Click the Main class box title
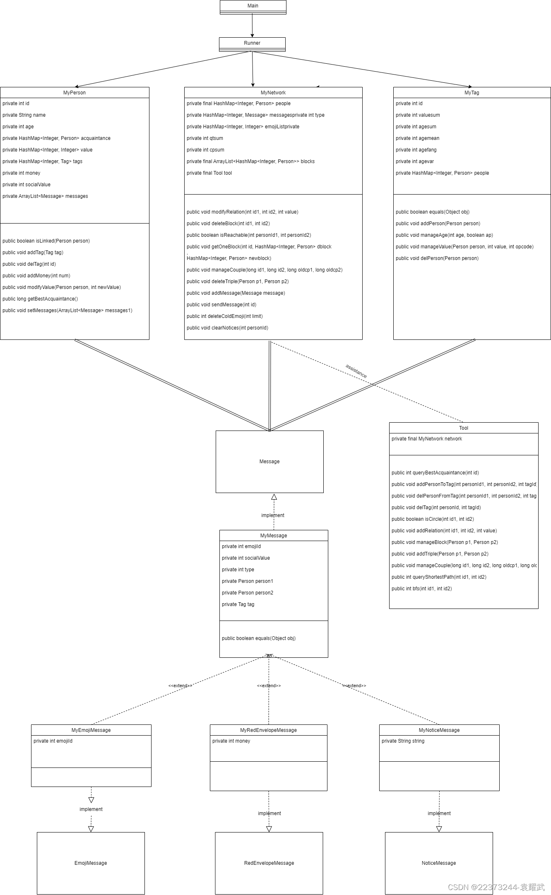point(253,6)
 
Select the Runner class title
point(252,43)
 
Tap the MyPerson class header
point(75,93)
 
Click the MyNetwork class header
point(273,93)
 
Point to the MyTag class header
point(472,93)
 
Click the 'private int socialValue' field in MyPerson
point(26,185)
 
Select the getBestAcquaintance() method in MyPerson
point(40,299)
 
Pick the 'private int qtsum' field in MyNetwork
point(205,138)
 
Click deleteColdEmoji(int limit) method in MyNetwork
point(225,316)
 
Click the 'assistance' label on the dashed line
point(356,371)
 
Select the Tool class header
point(464,428)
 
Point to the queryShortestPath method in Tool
point(439,577)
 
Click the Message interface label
point(269,462)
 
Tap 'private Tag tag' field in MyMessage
point(238,604)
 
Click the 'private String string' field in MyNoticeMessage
point(403,741)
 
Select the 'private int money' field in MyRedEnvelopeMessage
point(231,741)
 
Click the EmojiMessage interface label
point(91,863)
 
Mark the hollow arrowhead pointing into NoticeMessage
point(439,829)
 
